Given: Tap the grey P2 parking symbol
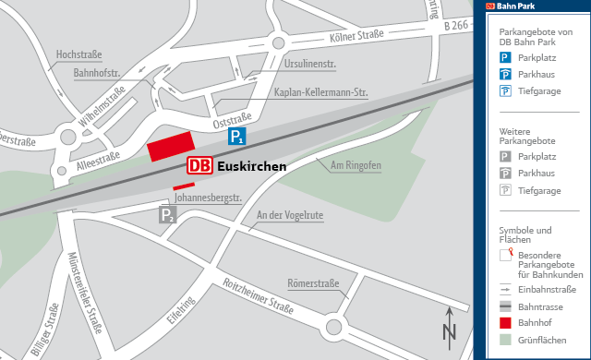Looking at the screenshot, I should coord(166,216).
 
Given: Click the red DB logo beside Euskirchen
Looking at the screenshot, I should coord(199,167).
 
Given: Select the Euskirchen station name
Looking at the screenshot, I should coord(251,168).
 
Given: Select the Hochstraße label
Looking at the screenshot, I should coord(78,54).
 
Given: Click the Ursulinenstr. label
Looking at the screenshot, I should coord(310,65).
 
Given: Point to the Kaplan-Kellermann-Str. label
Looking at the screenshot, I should coord(321,92).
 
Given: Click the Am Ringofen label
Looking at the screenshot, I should coord(356,165).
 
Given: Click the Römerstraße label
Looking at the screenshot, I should coord(313,283).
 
